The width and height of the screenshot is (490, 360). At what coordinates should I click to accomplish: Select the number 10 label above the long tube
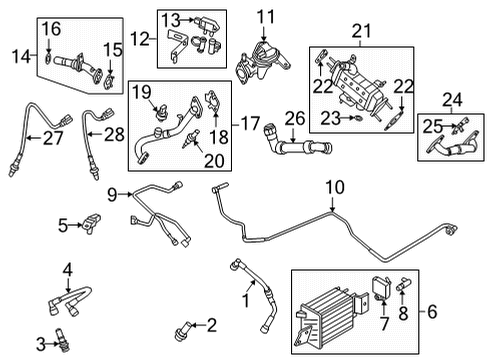[x=332, y=186]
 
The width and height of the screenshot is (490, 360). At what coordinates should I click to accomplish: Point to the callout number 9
[x=114, y=192]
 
